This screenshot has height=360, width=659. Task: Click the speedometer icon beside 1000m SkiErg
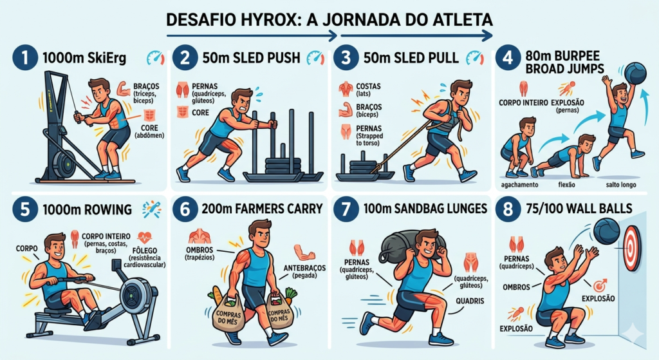(x=155, y=58)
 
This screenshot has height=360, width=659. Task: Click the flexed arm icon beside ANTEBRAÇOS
(x=303, y=251)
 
